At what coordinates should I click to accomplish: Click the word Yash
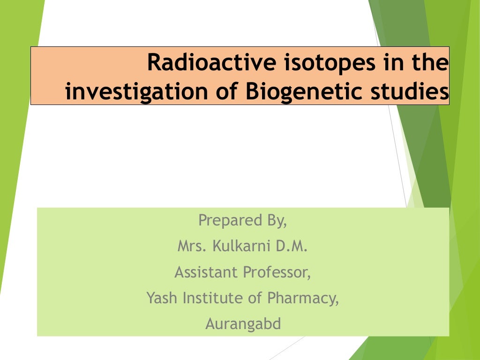coord(162,298)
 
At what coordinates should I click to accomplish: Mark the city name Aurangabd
coord(243,323)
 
